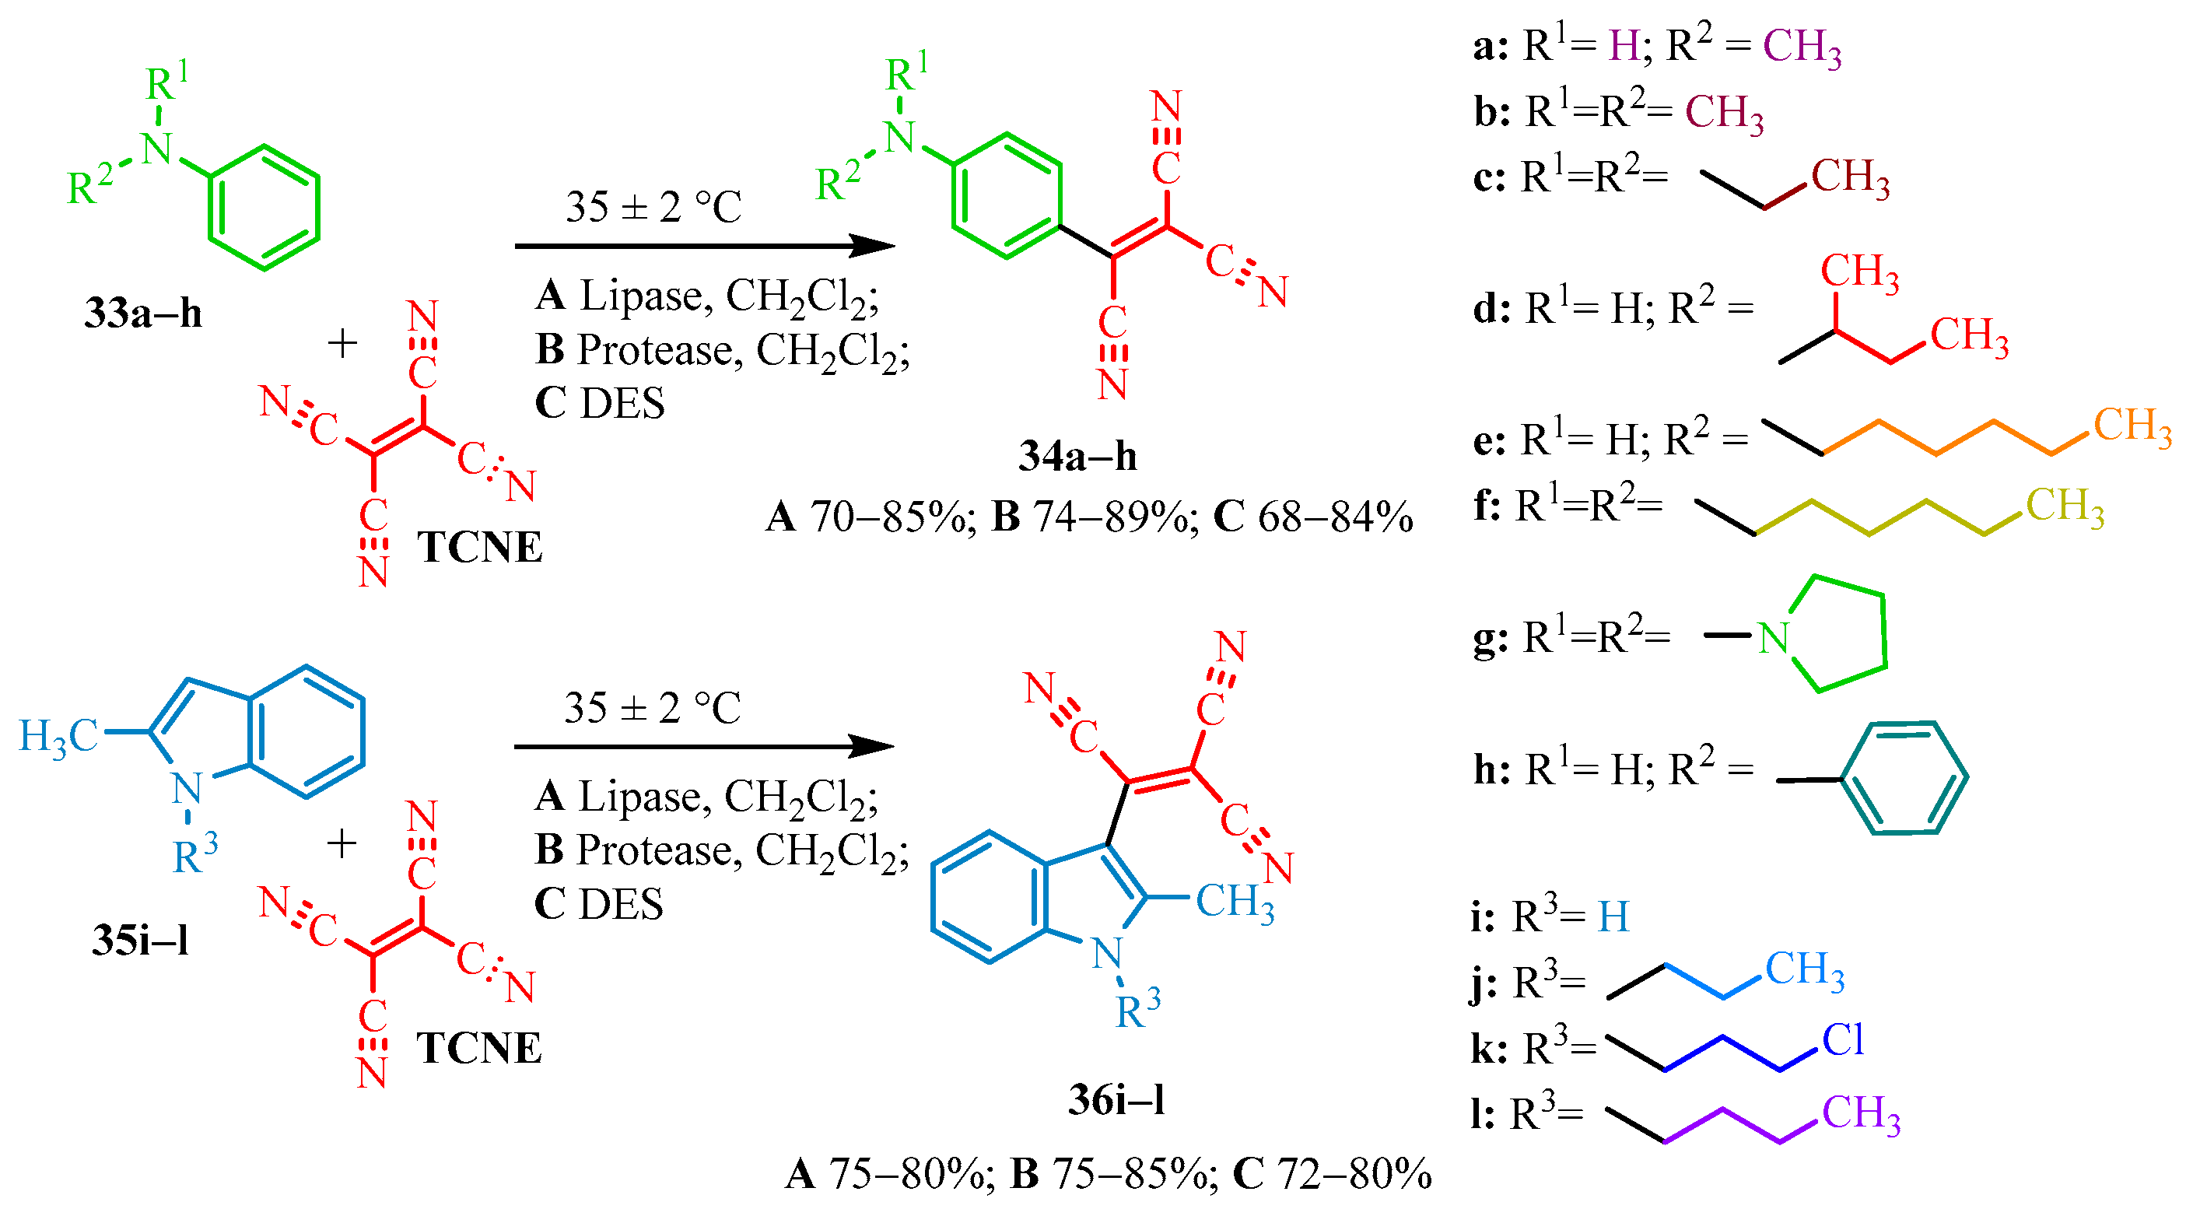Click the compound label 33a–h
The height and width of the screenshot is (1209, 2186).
tap(142, 313)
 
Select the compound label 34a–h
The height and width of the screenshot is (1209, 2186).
tap(1077, 457)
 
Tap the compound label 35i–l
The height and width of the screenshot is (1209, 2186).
tap(140, 940)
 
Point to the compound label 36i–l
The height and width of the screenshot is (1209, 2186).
tap(1116, 1100)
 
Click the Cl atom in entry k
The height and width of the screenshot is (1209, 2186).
tap(1843, 1040)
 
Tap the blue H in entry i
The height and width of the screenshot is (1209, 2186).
tap(1613, 917)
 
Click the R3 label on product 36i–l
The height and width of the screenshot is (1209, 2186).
tap(1138, 1009)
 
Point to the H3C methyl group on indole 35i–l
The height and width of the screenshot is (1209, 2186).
tap(58, 735)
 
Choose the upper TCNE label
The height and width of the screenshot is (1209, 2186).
tap(478, 547)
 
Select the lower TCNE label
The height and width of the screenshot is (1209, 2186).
tap(478, 1049)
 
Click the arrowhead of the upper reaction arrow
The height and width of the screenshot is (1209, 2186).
tap(874, 246)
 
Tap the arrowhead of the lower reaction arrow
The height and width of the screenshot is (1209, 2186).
tap(874, 747)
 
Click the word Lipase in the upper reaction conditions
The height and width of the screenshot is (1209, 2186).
tap(641, 296)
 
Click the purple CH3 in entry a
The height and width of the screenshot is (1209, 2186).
tap(1802, 47)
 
